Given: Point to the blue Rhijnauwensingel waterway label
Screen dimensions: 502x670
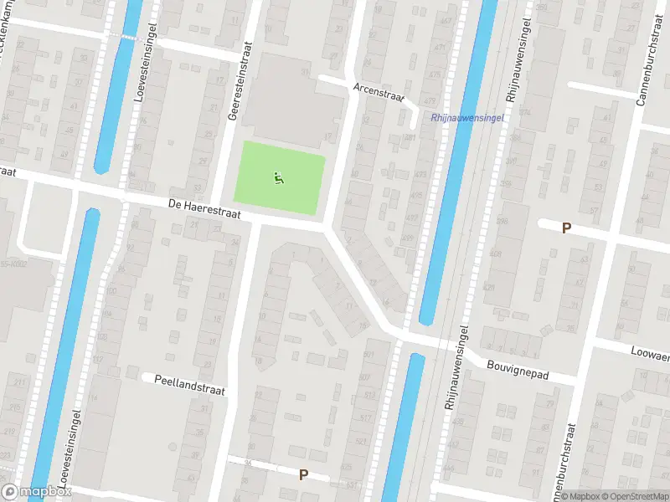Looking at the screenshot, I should [x=466, y=118].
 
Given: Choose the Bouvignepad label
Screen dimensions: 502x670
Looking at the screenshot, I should [x=518, y=370].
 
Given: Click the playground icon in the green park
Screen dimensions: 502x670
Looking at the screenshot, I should [x=278, y=177].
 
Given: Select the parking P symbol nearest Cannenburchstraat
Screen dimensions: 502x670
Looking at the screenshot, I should [x=566, y=228].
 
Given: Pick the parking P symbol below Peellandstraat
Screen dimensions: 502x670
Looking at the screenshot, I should [x=303, y=474].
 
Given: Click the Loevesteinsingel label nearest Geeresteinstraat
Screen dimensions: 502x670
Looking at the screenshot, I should [x=140, y=80].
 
